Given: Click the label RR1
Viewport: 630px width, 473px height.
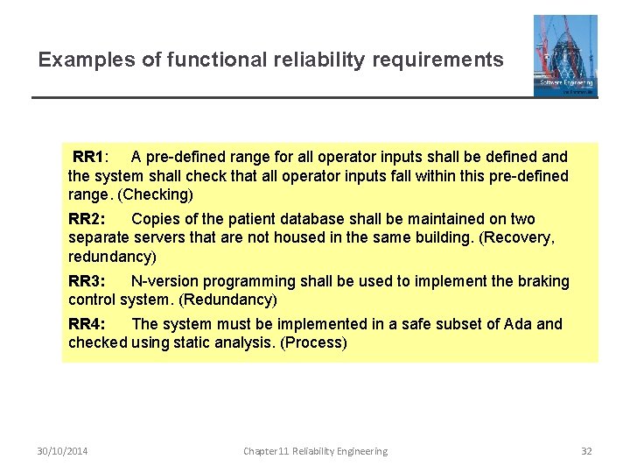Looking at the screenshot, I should [88, 157].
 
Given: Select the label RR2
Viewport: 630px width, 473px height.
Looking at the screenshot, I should [87, 219].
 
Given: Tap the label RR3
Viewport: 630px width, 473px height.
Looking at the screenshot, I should [87, 281].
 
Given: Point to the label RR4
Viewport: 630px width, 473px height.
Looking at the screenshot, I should [87, 324].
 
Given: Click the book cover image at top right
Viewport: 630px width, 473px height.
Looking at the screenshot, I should [565, 55].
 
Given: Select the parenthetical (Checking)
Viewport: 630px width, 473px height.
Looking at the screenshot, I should [156, 194].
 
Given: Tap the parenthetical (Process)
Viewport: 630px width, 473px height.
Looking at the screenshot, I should [313, 342].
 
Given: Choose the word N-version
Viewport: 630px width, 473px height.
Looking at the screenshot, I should [165, 281].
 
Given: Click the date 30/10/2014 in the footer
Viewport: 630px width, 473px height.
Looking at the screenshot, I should [63, 451].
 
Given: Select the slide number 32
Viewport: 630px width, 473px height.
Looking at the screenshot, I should [586, 451].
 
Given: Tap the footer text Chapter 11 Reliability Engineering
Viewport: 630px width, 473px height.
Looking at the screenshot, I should [315, 451].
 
